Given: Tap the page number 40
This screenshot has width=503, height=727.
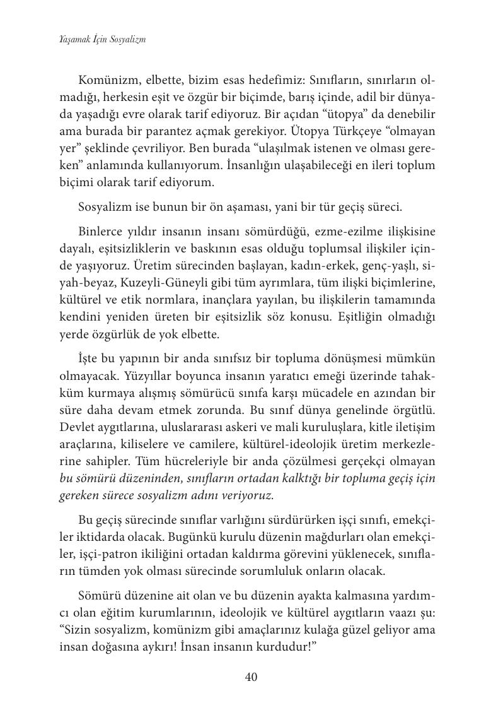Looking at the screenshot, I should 251,677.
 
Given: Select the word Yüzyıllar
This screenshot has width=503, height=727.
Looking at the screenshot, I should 136,375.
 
